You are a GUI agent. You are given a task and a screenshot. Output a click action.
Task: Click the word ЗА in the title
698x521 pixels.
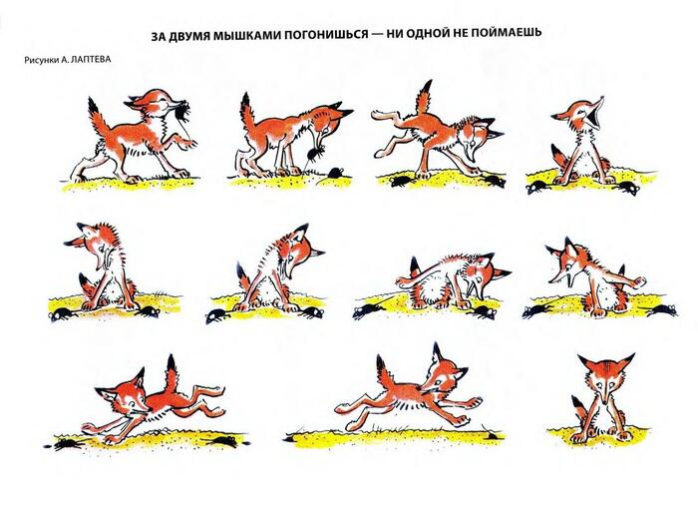tap(158, 36)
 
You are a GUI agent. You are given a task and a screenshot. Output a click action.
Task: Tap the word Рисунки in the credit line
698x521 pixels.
tap(41, 60)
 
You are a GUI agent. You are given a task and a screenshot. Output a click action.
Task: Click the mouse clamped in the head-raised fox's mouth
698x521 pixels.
tap(181, 110)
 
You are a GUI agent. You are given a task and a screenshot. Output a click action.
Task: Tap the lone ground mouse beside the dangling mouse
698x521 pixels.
tap(337, 172)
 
